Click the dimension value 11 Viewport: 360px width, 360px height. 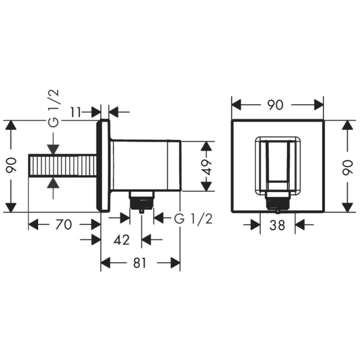click(76, 112)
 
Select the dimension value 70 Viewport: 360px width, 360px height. click(64, 225)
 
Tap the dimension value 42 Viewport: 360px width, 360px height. click(122, 240)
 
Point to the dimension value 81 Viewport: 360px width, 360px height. click(140, 263)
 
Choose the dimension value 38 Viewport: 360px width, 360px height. click(277, 225)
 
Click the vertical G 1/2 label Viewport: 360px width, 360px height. click(54, 108)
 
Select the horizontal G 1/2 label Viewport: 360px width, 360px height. click(193, 219)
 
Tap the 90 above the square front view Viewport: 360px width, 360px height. click(275, 105)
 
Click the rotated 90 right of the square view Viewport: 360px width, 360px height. click(347, 167)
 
